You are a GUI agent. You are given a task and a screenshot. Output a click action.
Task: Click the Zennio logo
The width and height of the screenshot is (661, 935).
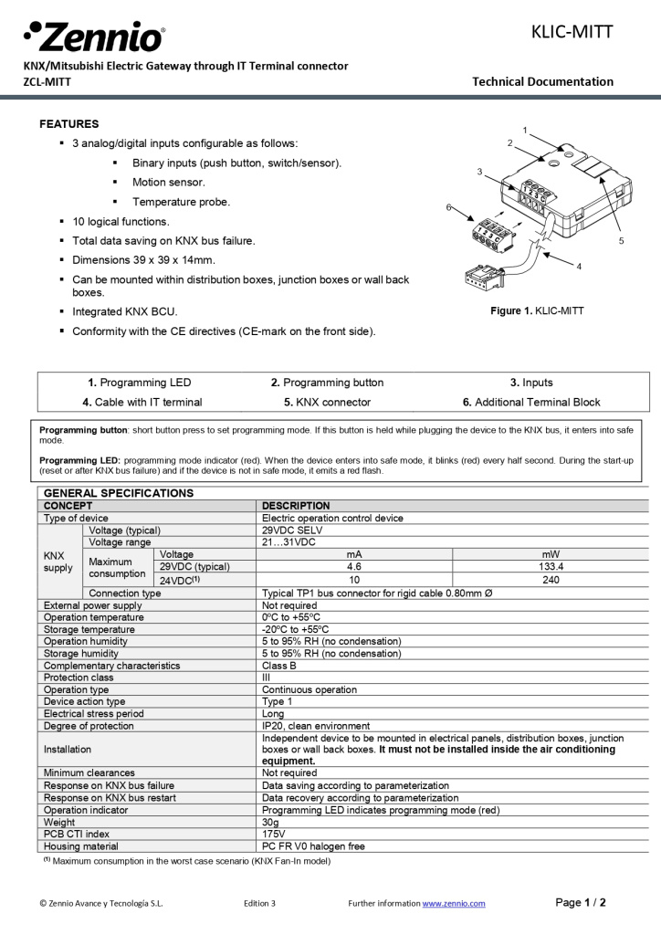94,37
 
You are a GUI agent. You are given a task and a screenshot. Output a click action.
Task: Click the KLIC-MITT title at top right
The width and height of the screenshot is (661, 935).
572,33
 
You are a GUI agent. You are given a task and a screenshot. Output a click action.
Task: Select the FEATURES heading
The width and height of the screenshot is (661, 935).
69,123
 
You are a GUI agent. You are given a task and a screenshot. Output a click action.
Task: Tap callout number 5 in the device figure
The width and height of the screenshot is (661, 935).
621,241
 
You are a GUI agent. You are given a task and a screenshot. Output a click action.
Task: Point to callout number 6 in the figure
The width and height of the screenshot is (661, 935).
448,207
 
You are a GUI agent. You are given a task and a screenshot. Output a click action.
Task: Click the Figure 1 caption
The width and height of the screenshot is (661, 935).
537,311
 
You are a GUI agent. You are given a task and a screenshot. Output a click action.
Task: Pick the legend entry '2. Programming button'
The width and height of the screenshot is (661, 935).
327,383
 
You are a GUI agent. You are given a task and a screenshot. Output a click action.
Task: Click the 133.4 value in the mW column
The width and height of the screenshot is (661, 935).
551,566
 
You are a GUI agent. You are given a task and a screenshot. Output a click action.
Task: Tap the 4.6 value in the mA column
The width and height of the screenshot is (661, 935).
355,566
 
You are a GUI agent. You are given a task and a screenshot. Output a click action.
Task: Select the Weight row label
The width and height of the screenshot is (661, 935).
60,823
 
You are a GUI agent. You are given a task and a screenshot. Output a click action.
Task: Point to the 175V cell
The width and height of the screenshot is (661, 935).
275,835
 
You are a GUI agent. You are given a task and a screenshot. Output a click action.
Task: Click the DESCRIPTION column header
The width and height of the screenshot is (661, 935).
296,506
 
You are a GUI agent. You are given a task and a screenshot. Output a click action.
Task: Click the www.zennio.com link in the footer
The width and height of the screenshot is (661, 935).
453,903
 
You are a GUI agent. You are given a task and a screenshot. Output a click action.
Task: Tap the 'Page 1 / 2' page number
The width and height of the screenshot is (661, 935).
581,902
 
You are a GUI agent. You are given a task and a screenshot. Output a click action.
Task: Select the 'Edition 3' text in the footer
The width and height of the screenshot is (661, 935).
260,903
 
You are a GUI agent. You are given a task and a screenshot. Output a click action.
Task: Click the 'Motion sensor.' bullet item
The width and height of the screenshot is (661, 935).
169,183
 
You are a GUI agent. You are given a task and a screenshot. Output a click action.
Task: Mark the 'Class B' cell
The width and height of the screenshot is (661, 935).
279,666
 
